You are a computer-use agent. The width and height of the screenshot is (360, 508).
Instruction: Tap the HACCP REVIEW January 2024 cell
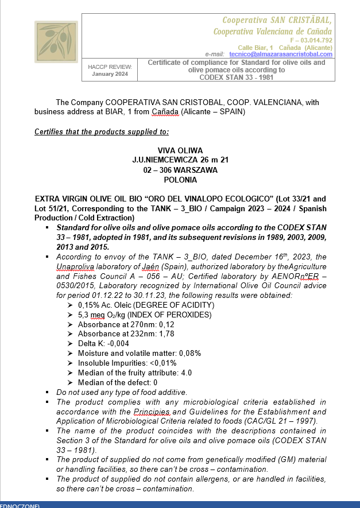(x=110, y=71)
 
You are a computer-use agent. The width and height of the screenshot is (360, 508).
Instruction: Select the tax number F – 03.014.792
(x=311, y=40)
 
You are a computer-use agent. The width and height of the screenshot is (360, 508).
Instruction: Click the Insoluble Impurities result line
(x=127, y=363)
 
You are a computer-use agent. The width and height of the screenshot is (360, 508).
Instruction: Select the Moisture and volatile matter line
(x=140, y=353)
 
